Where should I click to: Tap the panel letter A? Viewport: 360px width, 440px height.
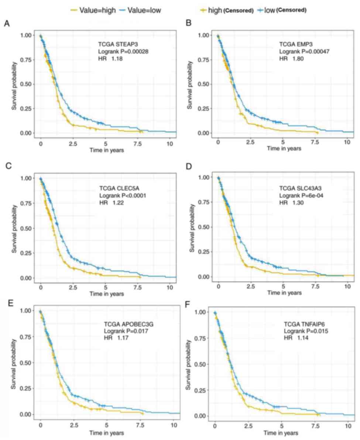pos(7,24)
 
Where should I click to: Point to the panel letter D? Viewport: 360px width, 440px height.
pos(189,167)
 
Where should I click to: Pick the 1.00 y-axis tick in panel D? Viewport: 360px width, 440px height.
pos(204,178)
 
